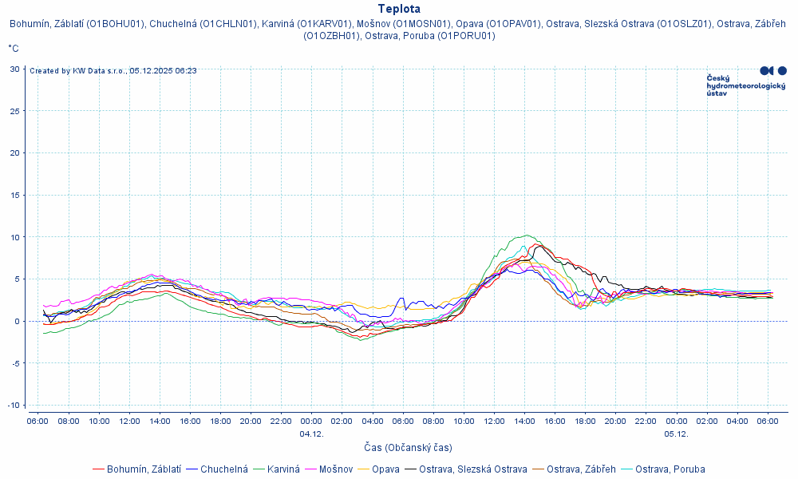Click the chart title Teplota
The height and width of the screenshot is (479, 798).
coord(399,9)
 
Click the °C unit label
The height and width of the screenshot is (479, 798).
coord(14,49)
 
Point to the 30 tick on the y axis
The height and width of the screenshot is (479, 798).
coord(15,69)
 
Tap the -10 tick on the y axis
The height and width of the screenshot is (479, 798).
coord(14,406)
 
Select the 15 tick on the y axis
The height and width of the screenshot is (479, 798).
coord(15,195)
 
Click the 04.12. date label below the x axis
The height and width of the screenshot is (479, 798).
coord(311,433)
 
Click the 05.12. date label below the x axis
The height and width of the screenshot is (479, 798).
coord(676,433)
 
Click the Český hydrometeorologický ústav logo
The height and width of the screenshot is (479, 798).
coord(746,81)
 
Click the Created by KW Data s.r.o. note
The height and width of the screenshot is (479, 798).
coord(113,71)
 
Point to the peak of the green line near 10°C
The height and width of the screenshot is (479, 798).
coord(527,236)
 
